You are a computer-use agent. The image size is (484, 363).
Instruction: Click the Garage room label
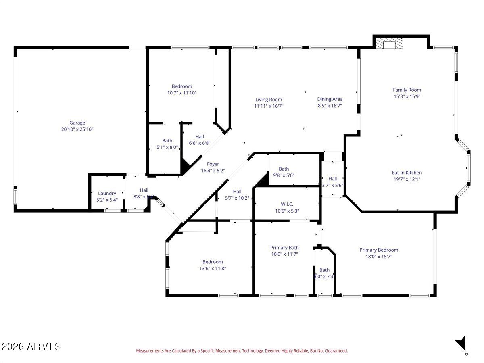tap(77, 123)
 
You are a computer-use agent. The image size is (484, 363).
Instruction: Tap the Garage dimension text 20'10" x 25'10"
tap(77, 129)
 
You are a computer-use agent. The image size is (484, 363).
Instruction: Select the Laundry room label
tap(107, 193)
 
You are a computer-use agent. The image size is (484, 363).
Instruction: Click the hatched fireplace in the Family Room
tap(389, 43)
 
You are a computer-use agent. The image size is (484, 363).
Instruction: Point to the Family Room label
tap(407, 90)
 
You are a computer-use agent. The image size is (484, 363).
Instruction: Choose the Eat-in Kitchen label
tap(407, 173)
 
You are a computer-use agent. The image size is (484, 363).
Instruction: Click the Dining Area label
tap(330, 99)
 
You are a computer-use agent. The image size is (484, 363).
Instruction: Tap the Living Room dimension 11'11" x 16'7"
tap(269, 106)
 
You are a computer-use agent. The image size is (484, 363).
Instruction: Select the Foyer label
tap(213, 164)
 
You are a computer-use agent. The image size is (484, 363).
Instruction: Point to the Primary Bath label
tap(284, 248)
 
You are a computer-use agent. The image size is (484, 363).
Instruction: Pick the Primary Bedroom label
tap(379, 250)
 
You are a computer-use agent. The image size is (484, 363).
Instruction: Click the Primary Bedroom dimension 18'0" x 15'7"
tap(379, 257)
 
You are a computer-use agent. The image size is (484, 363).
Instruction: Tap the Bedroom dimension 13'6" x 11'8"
tap(213, 269)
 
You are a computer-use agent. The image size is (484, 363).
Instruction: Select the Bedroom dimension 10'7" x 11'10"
tap(182, 93)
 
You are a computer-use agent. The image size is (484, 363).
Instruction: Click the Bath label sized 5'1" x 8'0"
tap(167, 141)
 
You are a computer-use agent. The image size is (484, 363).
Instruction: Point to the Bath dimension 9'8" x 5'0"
tap(284, 176)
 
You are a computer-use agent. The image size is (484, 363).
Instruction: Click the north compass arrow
tap(461, 344)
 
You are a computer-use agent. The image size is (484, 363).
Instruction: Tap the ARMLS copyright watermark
tap(31, 346)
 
